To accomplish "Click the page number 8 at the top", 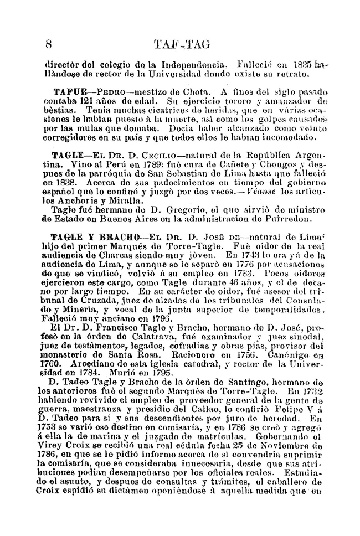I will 49,45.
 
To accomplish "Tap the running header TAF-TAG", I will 181,45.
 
